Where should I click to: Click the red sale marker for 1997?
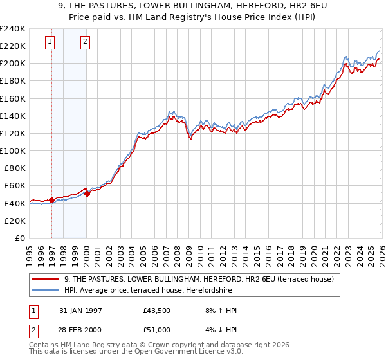(x=51, y=200)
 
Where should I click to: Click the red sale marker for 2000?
(x=87, y=194)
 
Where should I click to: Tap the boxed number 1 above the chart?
(x=50, y=43)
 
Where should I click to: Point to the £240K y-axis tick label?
(x=13, y=29)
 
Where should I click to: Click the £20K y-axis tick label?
(x=15, y=221)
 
